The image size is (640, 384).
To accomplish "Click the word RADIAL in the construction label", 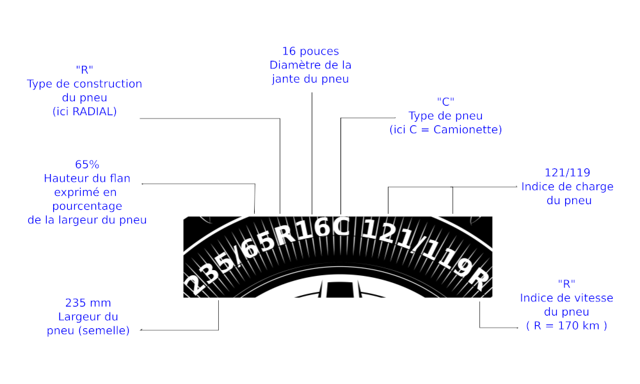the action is [x=93, y=111].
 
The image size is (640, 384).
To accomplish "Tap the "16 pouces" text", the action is [x=310, y=51].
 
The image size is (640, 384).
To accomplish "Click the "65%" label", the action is [x=87, y=164].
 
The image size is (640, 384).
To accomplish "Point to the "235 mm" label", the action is [x=88, y=303].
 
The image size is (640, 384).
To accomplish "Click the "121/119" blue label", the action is [x=567, y=173].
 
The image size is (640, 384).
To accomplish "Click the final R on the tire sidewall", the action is [x=478, y=279].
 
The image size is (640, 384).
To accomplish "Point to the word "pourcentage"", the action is [x=87, y=207].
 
